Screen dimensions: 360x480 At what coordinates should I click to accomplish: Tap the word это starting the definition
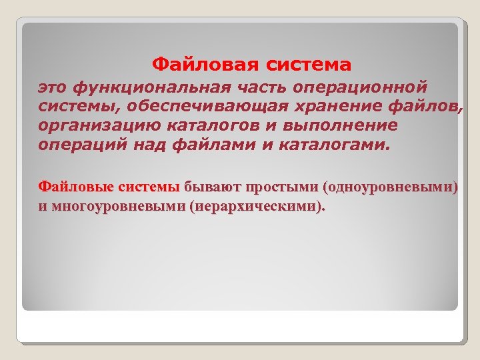(53, 87)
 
